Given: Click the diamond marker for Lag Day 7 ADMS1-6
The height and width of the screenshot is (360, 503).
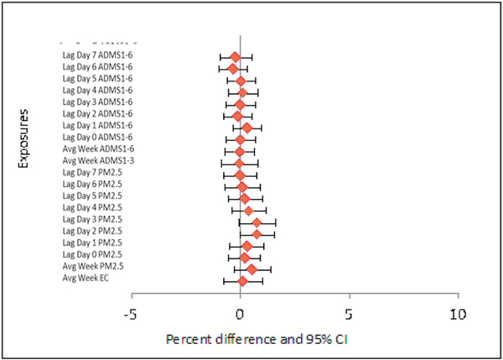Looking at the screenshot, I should click(x=236, y=56).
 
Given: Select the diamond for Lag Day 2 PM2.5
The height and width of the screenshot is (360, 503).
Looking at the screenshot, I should click(x=257, y=234).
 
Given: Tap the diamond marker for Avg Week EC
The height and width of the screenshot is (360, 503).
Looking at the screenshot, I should click(x=243, y=280).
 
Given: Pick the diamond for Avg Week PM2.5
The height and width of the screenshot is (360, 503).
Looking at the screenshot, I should click(x=251, y=269).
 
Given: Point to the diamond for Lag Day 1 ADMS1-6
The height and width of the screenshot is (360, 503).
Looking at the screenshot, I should click(x=246, y=128).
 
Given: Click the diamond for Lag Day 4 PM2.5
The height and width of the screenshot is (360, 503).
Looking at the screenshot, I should click(x=248, y=210).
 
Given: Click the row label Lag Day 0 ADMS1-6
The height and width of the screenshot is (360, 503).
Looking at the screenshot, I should click(x=97, y=137).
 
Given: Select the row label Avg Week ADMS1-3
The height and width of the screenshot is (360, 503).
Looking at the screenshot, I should click(x=97, y=160).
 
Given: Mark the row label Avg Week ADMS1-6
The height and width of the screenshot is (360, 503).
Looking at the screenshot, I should click(x=97, y=149).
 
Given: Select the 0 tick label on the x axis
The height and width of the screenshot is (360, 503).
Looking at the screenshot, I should click(x=240, y=315).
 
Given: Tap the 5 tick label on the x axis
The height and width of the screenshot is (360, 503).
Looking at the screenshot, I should click(x=348, y=315).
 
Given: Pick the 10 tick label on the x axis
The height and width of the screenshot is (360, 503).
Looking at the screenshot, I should click(x=457, y=315).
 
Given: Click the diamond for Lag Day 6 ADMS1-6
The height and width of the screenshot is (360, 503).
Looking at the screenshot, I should click(x=233, y=68).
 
